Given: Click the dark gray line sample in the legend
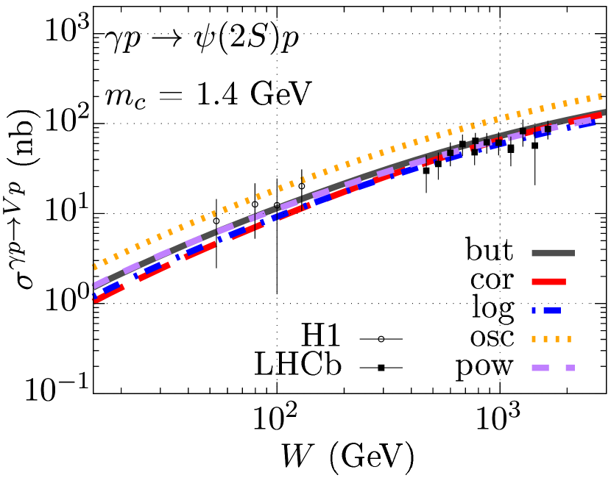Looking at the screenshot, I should click(553, 253).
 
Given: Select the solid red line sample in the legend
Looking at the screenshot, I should click(548, 282).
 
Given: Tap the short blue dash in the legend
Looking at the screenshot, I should click(534, 310).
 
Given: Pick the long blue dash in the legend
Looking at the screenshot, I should click(552, 310).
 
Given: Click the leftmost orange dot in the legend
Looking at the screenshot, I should click(534, 339).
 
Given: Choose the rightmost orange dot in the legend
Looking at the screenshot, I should click(569, 339).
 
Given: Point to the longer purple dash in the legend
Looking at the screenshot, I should click(540, 368).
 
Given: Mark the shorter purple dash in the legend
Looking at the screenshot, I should click(570, 368).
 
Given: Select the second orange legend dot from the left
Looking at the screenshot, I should click(545, 339).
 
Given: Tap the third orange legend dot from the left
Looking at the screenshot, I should click(557, 339).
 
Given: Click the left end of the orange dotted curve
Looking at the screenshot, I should click(94, 266).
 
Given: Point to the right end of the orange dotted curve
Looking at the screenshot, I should click(601, 96).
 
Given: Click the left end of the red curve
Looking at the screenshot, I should click(94, 300).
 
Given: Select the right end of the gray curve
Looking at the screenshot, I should click(604, 113).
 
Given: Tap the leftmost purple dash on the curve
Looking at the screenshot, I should click(101, 282).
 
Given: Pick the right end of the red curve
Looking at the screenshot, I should click(601, 115).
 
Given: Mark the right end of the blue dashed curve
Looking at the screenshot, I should click(593, 123).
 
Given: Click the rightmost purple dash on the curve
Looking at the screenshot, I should click(582, 121).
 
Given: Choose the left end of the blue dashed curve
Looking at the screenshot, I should click(93, 296).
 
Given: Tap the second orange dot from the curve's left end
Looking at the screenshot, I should click(105, 262).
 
